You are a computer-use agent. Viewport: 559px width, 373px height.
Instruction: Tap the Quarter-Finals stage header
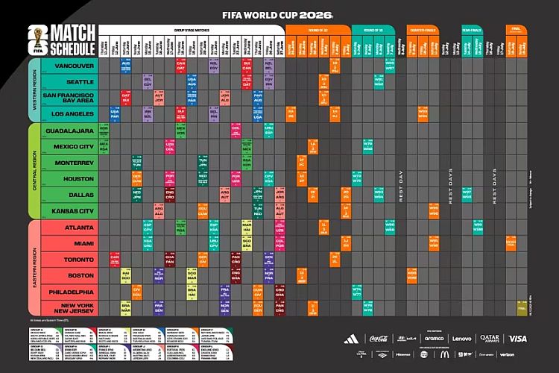pos(422,29)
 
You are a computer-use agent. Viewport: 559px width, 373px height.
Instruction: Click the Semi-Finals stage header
pos(472,29)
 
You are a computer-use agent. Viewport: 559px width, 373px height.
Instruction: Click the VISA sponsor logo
pos(517,339)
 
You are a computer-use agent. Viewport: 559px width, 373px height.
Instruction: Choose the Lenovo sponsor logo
pos(462,339)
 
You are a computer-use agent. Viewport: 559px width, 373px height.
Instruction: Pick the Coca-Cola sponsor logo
pos(379,339)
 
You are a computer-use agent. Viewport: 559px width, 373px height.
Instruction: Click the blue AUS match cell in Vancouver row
pos(126,66)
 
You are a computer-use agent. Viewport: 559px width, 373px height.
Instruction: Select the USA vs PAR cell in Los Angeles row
pos(114,113)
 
